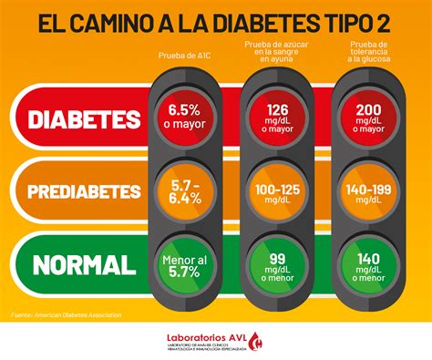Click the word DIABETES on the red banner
pos(85,120)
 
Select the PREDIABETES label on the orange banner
pos(85,192)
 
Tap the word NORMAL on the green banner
pos(85,265)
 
